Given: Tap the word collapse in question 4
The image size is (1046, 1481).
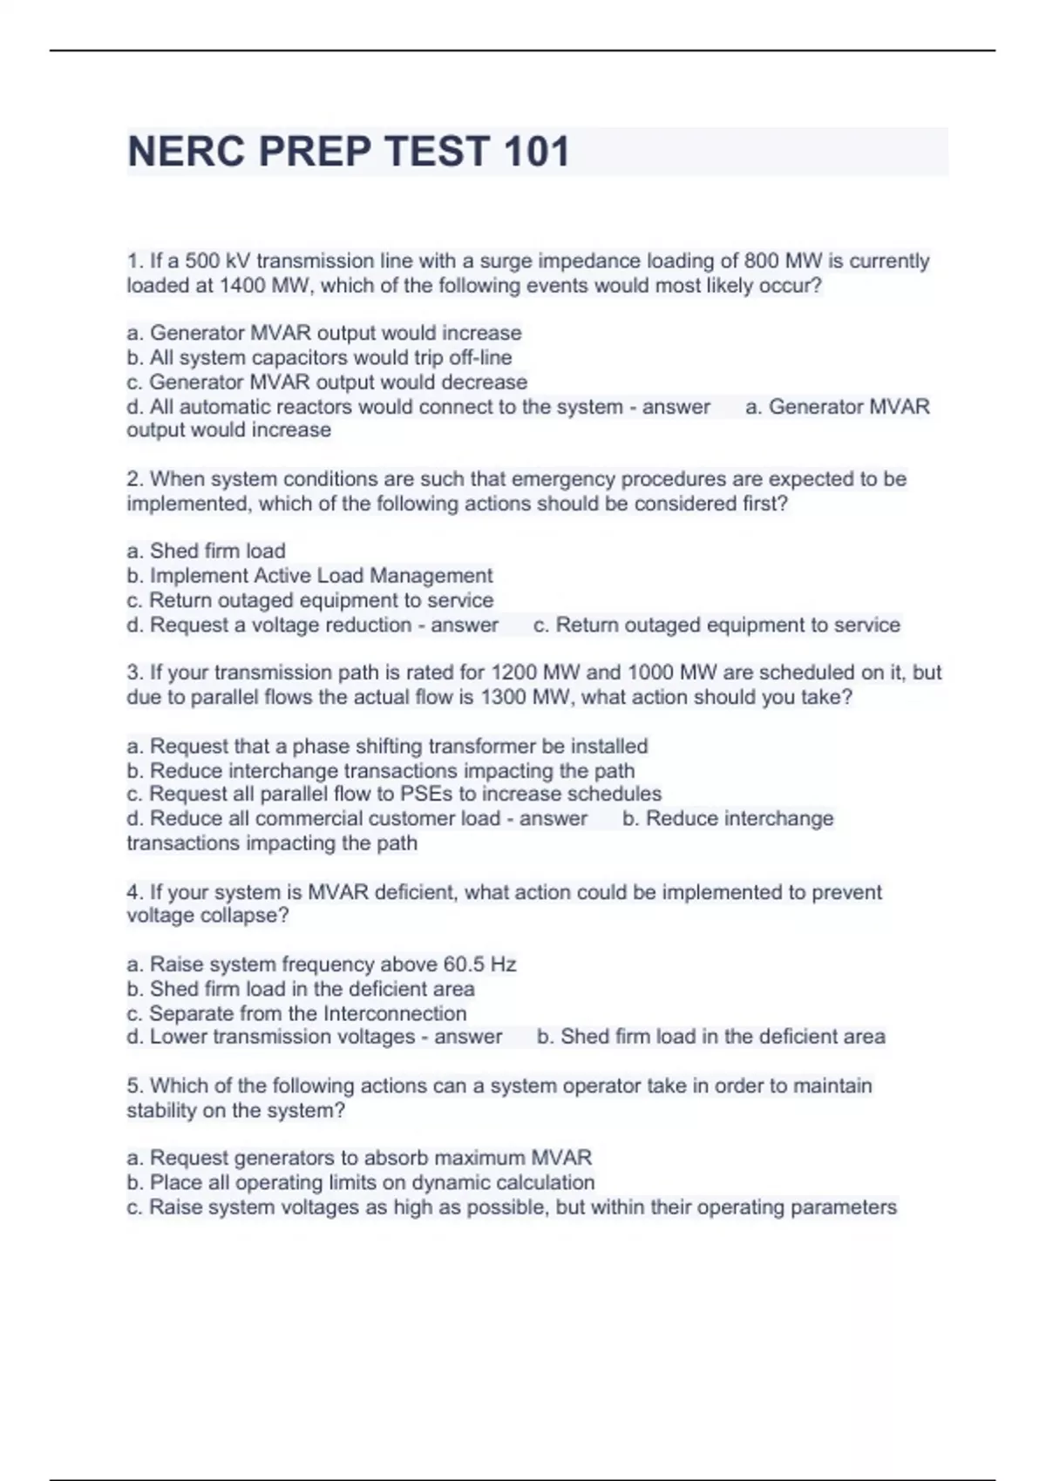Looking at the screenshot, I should [x=244, y=916].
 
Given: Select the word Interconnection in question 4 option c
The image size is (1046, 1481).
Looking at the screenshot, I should [x=395, y=1014].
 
